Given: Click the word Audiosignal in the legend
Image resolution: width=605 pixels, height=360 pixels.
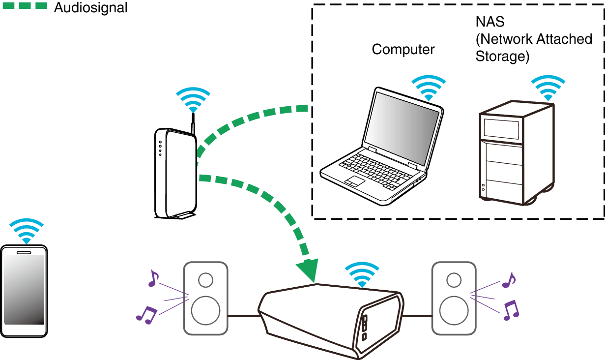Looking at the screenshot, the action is (90, 7).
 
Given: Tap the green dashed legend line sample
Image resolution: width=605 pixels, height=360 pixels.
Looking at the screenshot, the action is (25, 6).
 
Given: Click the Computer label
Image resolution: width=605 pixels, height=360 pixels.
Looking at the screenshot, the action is (403, 50).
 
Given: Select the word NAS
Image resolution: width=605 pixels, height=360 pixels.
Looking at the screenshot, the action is (490, 22).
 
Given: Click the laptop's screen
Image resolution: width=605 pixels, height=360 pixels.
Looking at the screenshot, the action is (402, 128).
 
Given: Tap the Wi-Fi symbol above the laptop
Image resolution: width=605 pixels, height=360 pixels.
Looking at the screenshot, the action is (429, 88).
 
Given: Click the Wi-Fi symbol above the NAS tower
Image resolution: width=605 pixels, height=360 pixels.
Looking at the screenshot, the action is (548, 88).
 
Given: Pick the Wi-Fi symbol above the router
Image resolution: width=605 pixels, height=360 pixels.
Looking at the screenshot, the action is (193, 100).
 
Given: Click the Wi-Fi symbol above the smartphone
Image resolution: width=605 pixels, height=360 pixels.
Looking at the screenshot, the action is (27, 231).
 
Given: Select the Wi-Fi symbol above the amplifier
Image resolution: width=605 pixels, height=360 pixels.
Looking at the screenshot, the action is (362, 274).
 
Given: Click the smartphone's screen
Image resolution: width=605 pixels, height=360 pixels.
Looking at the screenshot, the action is (24, 290).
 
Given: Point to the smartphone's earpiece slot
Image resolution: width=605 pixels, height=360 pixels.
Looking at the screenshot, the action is (24, 253).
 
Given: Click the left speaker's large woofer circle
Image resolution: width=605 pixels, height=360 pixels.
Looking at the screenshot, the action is (205, 310).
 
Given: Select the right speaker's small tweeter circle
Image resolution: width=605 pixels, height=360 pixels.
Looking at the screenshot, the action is (454, 280).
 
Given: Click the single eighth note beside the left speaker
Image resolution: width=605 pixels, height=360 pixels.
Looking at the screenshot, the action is (153, 278).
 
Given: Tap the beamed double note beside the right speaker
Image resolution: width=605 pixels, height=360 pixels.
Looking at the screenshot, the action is (511, 310).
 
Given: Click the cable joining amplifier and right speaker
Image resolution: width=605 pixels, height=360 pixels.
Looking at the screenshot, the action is (417, 316).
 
